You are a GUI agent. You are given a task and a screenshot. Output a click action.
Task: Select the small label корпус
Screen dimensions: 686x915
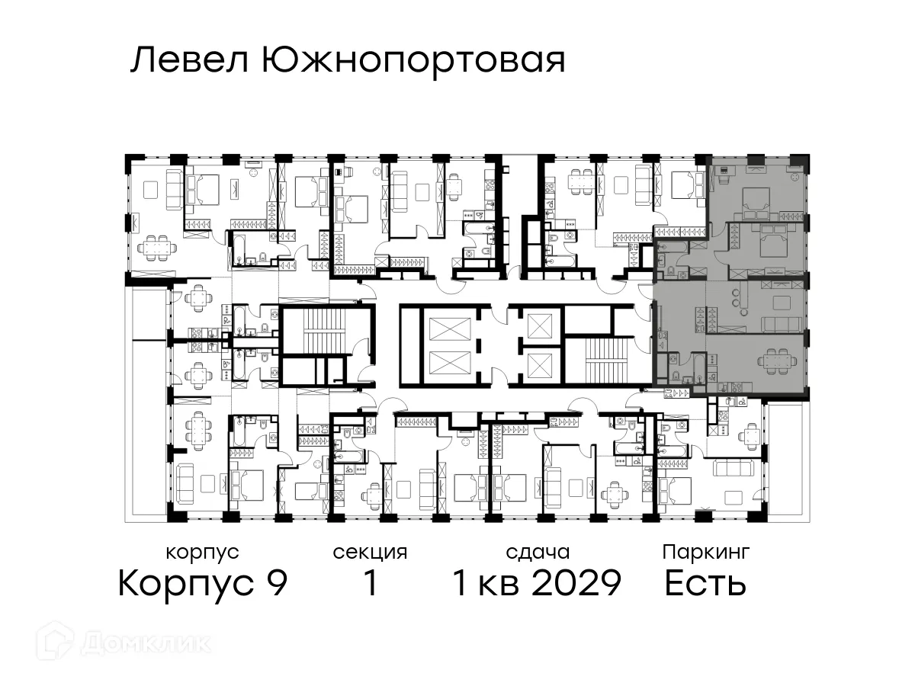coord(202,552)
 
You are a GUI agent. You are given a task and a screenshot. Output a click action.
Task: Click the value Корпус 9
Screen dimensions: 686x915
coord(203,585)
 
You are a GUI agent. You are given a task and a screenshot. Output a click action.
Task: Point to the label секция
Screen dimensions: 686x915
coord(370,552)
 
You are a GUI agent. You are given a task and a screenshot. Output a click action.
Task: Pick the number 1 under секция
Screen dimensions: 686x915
coord(371,585)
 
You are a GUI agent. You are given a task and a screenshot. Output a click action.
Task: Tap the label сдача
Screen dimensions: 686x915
coord(538,552)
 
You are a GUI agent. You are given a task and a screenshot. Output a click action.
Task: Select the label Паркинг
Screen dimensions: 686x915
coord(706,552)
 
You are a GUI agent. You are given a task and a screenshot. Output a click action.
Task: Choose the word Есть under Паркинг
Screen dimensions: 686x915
coord(705,585)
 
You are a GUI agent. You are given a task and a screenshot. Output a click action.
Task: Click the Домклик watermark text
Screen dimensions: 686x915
coord(145,643)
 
